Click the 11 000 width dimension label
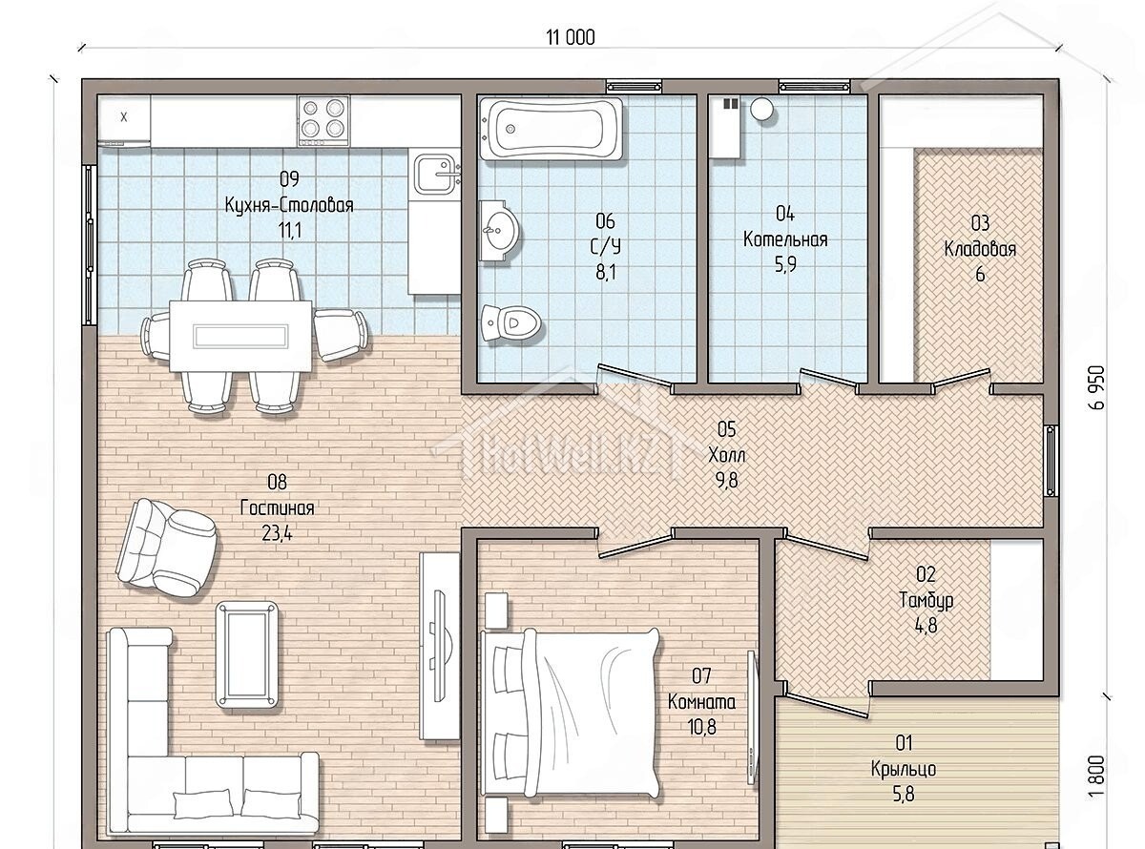(570, 37)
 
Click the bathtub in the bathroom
(552, 129)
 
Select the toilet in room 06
(511, 323)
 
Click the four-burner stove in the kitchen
(323, 121)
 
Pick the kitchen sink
(436, 174)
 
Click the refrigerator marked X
(124, 120)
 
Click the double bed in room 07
(571, 716)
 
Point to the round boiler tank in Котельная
(761, 109)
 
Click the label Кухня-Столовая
(289, 205)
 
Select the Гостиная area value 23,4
(277, 533)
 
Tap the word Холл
(727, 455)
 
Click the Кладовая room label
(980, 249)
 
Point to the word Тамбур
(926, 600)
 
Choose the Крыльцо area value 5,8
(904, 795)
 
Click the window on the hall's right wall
(1051, 461)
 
